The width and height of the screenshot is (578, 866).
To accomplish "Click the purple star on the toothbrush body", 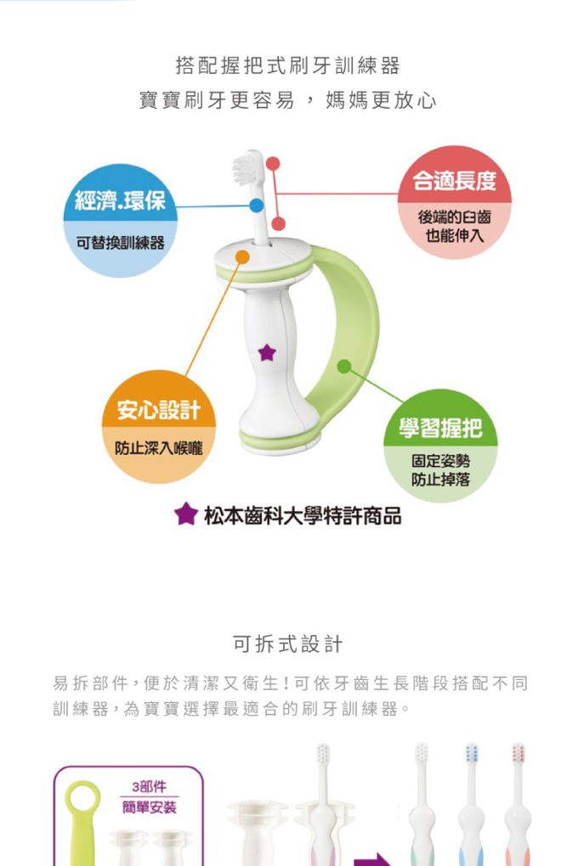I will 267,351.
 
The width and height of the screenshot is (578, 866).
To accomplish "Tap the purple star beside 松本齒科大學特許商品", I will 185,514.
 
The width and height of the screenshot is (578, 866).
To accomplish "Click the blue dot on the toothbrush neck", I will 256,205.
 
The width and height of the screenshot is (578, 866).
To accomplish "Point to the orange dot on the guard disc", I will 242,256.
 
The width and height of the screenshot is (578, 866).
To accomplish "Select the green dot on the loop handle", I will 343,366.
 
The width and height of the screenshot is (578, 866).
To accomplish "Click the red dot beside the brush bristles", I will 272,163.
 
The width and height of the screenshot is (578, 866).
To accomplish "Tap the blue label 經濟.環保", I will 120,201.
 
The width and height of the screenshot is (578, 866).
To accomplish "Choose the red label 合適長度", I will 454,181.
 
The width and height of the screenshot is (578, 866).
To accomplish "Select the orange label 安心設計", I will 158,411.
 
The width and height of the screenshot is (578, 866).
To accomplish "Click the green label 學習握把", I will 439,429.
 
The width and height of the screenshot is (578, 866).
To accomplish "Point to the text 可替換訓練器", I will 120,244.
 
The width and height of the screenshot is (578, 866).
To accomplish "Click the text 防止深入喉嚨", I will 159,448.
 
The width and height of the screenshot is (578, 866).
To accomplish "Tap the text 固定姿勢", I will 440,461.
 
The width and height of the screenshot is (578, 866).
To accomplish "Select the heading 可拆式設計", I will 288,644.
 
